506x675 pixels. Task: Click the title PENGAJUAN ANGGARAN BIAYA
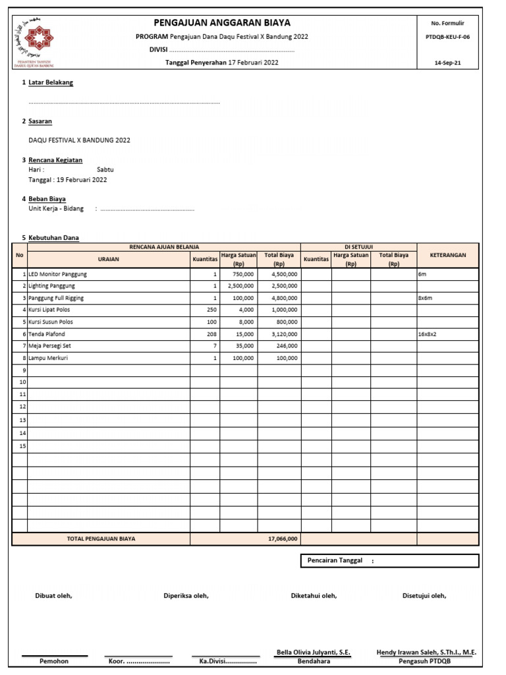click(221, 23)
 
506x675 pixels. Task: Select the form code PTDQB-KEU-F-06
click(448, 38)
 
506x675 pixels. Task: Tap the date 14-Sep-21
click(448, 63)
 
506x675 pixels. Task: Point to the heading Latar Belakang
click(51, 82)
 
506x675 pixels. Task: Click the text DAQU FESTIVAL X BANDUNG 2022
click(79, 140)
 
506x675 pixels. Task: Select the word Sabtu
click(105, 169)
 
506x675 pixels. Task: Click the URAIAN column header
click(109, 259)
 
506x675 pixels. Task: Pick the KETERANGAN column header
click(448, 254)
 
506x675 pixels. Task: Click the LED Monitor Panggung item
click(58, 274)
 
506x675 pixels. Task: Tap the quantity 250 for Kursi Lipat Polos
click(211, 310)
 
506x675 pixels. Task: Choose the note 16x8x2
click(427, 334)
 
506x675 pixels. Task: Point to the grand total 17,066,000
click(283, 539)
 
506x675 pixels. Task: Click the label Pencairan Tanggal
click(335, 560)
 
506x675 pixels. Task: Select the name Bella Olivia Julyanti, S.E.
click(314, 653)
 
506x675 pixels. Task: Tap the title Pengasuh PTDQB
click(426, 660)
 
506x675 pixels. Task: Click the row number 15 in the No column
click(22, 446)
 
